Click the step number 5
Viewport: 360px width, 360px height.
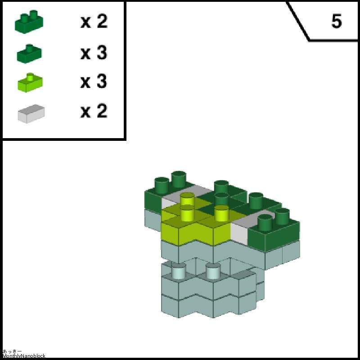point(337,21)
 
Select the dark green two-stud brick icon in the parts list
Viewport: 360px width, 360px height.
point(29,22)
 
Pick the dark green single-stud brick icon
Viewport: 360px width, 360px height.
point(29,54)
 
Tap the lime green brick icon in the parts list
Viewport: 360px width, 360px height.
point(30,83)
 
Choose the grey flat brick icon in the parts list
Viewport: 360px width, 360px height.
point(31,114)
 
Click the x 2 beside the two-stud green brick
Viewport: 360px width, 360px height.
point(94,21)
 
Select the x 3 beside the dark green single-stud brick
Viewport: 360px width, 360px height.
point(94,53)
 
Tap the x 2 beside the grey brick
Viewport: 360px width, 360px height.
point(94,111)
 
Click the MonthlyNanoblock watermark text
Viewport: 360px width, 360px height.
point(24,356)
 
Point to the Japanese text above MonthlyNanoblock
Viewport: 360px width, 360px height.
point(12,351)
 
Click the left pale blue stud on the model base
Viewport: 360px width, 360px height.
point(178,271)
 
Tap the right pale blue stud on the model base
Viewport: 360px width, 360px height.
point(213,271)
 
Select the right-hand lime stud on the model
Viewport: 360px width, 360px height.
point(222,213)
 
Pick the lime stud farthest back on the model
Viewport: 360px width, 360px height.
point(187,199)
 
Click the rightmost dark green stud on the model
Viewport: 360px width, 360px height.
point(282,216)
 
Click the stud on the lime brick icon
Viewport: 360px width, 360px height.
point(30,77)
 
